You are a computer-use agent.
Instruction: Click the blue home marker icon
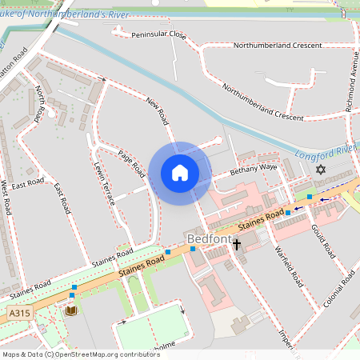point(180,172)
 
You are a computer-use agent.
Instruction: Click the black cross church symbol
point(237,244)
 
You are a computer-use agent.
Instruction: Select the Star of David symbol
point(322,170)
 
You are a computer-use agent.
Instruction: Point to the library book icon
point(71,310)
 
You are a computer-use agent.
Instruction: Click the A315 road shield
point(18,310)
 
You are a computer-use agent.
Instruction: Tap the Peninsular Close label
point(158,36)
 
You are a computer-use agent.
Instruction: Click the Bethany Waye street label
point(253,169)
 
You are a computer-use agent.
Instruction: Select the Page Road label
point(130,164)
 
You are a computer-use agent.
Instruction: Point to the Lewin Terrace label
point(105,185)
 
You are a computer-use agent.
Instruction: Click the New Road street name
point(158,111)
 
